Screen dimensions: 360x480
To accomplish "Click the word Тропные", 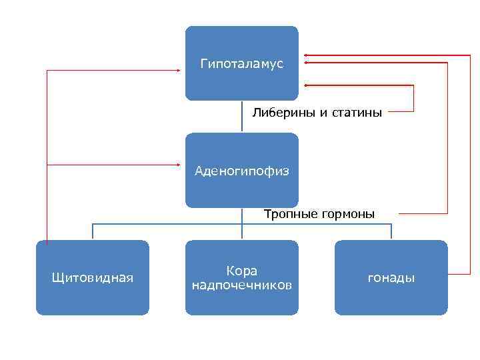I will pyautogui.click(x=287, y=214).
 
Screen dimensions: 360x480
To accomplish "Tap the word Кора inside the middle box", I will pyautogui.click(x=241, y=271).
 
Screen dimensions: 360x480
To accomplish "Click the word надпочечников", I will pyautogui.click(x=241, y=285).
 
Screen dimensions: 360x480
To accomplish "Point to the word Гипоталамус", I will pyautogui.click(x=241, y=64).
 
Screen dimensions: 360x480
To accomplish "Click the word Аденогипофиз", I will pyautogui.click(x=241, y=171).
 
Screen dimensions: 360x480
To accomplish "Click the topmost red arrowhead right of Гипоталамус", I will pyautogui.click(x=305, y=54).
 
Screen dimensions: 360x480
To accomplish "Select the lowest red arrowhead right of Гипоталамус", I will pyautogui.click(x=305, y=85).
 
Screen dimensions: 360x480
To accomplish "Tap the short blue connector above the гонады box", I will pyautogui.click(x=391, y=231).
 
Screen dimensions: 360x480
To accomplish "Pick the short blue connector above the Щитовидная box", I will pyautogui.click(x=92, y=231).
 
